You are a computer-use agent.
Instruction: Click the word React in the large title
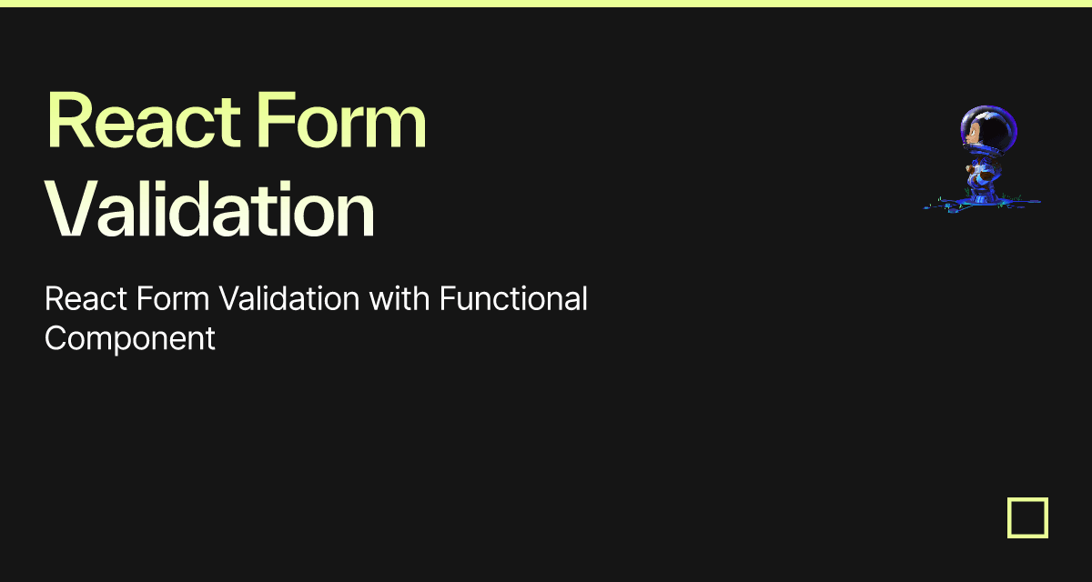tap(144, 119)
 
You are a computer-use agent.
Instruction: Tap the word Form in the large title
tap(342, 119)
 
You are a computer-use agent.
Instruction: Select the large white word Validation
tap(209, 208)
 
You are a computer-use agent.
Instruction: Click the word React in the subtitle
tap(86, 298)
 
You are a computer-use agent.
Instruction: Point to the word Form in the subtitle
tap(173, 298)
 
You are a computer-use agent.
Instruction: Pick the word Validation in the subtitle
tap(289, 298)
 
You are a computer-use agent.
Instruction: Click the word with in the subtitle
tap(399, 298)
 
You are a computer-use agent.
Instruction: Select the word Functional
tap(513, 298)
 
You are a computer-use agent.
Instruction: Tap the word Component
tap(130, 339)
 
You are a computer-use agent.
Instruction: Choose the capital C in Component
tap(56, 338)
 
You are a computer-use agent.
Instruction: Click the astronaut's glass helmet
tap(989, 129)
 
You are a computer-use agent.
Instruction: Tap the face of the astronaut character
tap(973, 134)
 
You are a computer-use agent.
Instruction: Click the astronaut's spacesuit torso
tap(984, 168)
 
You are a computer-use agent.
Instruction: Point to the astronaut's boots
tap(983, 194)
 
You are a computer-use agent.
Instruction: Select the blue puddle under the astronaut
tap(982, 205)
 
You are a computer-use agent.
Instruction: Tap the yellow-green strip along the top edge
tap(546, 4)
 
